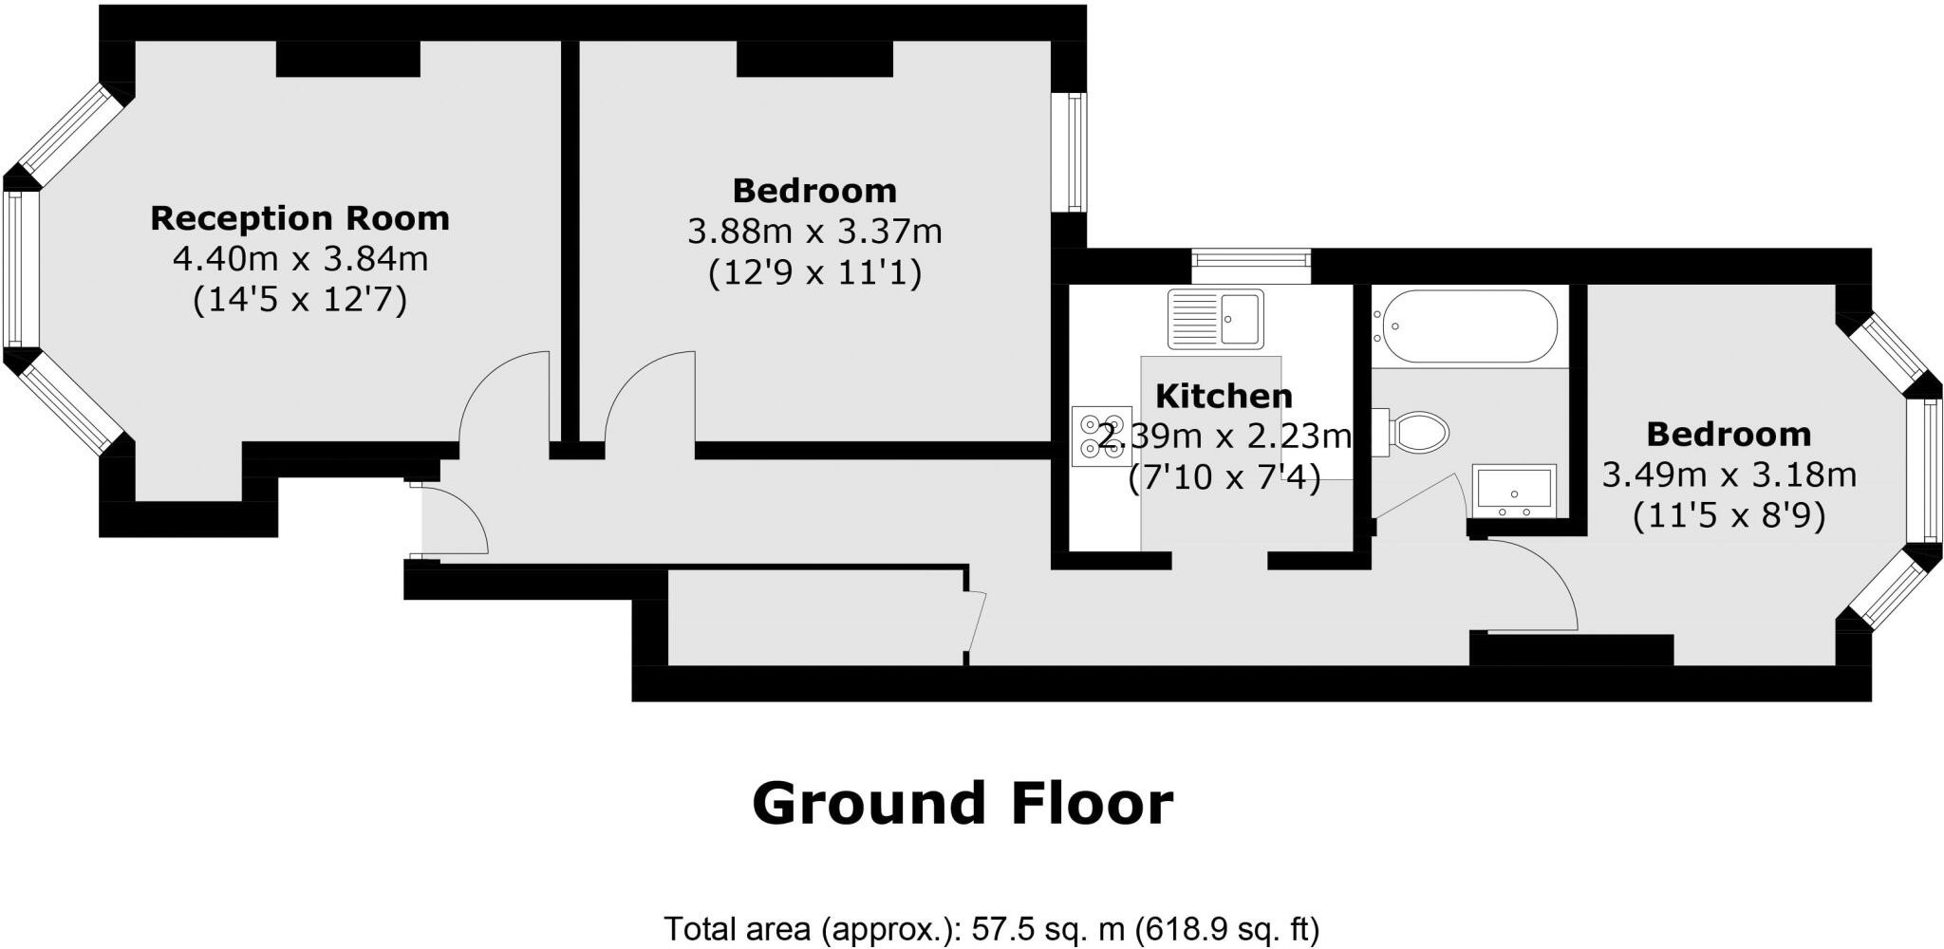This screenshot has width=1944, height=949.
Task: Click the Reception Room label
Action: [x=299, y=218]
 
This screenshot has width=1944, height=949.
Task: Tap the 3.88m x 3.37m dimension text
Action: [x=814, y=232]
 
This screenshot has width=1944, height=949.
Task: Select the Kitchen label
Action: [x=1224, y=396]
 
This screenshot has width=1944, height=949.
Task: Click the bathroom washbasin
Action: [x=1513, y=492]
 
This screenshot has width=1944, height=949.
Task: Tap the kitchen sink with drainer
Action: [x=1216, y=318]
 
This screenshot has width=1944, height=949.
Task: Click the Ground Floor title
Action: [x=963, y=804]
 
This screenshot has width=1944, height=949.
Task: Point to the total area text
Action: [x=991, y=929]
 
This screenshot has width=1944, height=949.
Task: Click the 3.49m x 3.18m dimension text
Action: [x=1729, y=474]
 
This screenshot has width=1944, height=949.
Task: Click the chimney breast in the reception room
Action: [x=348, y=60]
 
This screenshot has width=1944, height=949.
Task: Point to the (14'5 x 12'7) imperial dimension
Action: [x=299, y=301]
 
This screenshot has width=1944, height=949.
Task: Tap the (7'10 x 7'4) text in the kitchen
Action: [x=1224, y=479]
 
